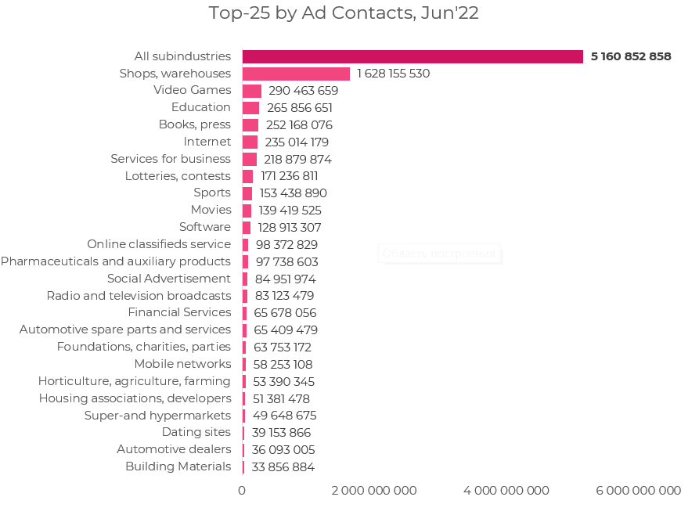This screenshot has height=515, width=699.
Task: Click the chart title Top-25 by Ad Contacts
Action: tap(344, 13)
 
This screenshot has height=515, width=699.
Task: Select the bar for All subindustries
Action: tap(413, 56)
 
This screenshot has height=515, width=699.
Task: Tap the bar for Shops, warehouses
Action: tap(296, 74)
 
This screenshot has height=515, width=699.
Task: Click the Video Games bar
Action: tap(252, 91)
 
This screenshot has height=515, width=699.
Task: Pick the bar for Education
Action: tap(250, 108)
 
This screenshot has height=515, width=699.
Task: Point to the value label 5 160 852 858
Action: tap(631, 56)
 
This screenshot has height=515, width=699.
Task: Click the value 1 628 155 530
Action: tap(393, 74)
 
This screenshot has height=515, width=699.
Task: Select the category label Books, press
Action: tap(195, 124)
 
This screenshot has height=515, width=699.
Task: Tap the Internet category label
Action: tap(207, 142)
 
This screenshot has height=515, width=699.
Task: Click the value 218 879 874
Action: tap(297, 159)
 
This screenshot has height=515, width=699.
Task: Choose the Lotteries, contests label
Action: tap(178, 176)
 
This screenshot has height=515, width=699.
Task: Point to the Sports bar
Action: tap(247, 193)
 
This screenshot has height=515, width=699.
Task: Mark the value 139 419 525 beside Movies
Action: tap(290, 211)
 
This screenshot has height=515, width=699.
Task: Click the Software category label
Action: tap(205, 227)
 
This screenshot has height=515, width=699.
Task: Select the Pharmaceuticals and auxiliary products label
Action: tap(116, 261)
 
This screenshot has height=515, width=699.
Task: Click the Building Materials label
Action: tap(178, 466)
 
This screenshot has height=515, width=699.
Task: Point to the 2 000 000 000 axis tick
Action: tap(374, 491)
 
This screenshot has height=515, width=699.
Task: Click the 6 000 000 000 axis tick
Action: tap(639, 491)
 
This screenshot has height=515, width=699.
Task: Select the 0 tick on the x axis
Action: tap(242, 491)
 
